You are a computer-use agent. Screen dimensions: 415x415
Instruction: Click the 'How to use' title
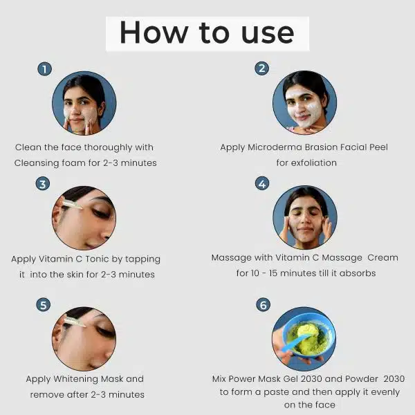[207, 33]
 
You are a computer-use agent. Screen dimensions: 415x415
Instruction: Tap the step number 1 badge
[44, 68]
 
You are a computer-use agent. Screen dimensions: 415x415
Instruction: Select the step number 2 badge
[261, 68]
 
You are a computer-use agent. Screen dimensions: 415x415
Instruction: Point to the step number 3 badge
[43, 184]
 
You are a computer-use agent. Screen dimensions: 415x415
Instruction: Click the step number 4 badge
[261, 183]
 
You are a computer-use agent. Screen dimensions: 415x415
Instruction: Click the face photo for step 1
[84, 104]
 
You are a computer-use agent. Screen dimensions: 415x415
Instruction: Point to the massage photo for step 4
[304, 217]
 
